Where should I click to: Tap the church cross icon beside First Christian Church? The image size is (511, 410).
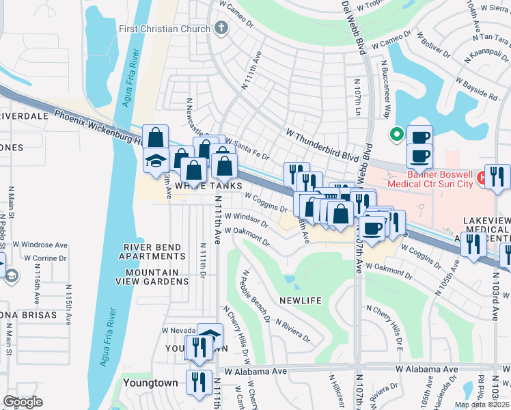tap(220, 29)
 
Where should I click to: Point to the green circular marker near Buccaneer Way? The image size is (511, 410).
tap(395, 135)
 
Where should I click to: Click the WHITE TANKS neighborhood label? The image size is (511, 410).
tap(199, 185)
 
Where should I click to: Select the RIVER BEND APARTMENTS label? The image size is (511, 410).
tap(152, 251)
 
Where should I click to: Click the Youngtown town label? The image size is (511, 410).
tap(151, 383)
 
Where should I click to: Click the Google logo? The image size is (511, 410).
tap(23, 401)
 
